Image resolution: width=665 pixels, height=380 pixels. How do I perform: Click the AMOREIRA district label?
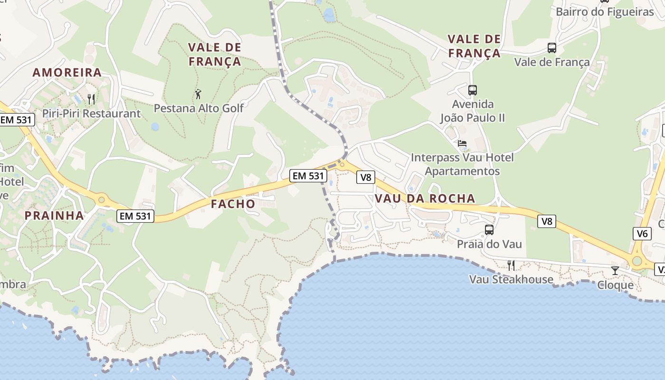pyautogui.click(x=67, y=73)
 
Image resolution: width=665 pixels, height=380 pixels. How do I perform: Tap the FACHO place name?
pyautogui.click(x=233, y=204)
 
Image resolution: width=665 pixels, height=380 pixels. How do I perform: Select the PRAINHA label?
pyautogui.click(x=54, y=216)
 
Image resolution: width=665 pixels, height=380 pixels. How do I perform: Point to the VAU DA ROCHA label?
pyautogui.click(x=425, y=199)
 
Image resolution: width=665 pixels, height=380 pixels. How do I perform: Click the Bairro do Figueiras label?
pyautogui.click(x=605, y=12)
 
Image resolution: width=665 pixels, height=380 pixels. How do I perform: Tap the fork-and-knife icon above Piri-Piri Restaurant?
pyautogui.click(x=91, y=99)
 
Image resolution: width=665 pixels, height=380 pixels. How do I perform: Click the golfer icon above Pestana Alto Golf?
pyautogui.click(x=198, y=94)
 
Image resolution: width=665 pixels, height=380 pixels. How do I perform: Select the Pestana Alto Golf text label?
pyautogui.click(x=199, y=108)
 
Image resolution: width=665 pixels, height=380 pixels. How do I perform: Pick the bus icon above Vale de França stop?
pyautogui.click(x=551, y=48)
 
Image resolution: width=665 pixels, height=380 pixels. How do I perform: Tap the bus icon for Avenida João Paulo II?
pyautogui.click(x=472, y=90)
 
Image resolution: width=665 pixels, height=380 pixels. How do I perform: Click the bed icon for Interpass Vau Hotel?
pyautogui.click(x=462, y=143)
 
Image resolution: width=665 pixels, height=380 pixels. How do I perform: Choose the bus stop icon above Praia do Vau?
pyautogui.click(x=489, y=230)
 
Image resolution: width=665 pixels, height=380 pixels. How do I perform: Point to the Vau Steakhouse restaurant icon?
pyautogui.click(x=511, y=265)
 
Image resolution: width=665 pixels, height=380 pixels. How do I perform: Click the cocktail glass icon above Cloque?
pyautogui.click(x=615, y=271)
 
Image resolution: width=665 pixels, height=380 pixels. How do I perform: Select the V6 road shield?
pyautogui.click(x=642, y=233)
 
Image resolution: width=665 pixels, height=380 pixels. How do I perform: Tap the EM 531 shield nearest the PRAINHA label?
pyautogui.click(x=135, y=216)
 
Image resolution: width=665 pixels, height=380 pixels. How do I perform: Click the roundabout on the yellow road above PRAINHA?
pyautogui.click(x=101, y=200)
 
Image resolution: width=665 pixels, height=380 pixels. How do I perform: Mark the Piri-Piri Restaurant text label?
pyautogui.click(x=92, y=114)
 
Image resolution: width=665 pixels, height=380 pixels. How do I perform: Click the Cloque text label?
pyautogui.click(x=615, y=285)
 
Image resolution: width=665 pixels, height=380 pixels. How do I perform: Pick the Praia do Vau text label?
pyautogui.click(x=489, y=244)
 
